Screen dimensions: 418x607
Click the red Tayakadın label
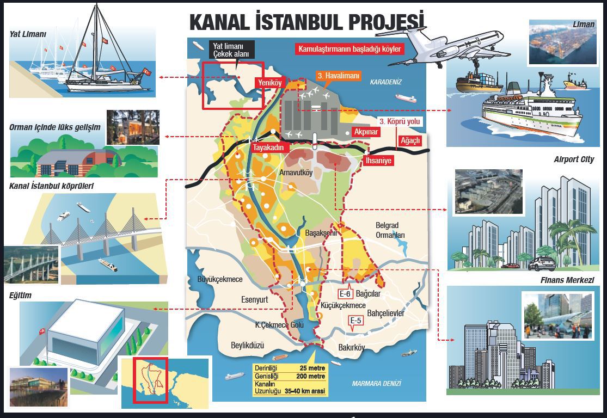[267, 147]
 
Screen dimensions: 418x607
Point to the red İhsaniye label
[378, 161]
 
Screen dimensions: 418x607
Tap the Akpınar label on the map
[366, 132]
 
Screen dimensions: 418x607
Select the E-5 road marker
[356, 321]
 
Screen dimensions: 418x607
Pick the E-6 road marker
[346, 294]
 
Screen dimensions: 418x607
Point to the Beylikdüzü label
[247, 345]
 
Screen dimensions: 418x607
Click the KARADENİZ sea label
[385, 82]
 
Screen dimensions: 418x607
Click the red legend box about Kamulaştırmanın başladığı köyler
[350, 49]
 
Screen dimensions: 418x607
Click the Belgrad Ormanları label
[390, 230]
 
